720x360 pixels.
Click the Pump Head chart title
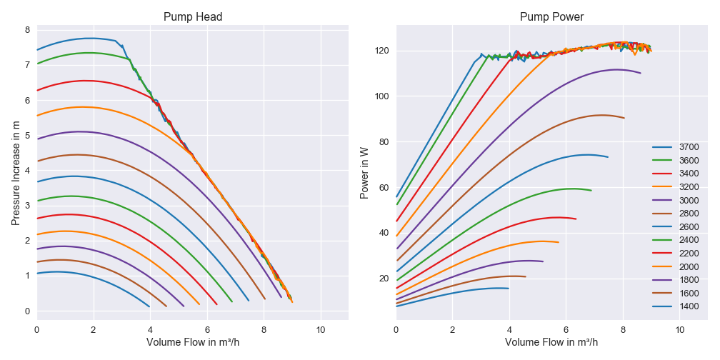pos(193,16)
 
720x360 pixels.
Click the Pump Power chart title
pos(551,16)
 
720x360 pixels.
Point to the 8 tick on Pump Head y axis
pos(27,30)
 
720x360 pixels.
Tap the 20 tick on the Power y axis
pos(384,279)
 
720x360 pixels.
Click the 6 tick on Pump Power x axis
pos(566,329)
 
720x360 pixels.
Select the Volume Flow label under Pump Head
pos(193,342)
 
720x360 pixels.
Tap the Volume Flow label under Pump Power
pos(551,342)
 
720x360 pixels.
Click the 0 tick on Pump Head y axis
pos(27,311)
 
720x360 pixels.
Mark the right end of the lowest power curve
pos(509,289)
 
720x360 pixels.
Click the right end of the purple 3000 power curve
pos(641,73)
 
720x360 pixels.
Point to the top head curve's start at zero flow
pos(37,50)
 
